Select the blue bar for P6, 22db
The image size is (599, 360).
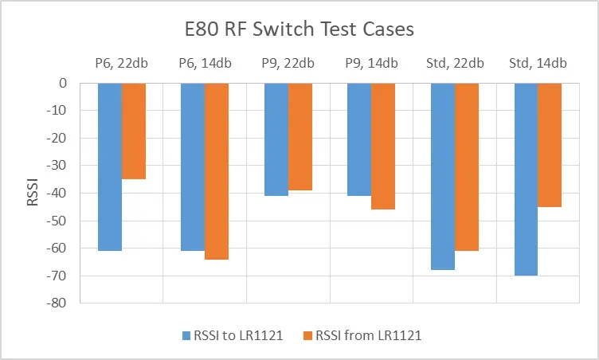pyautogui.click(x=110, y=166)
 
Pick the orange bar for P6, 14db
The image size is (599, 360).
pyautogui.click(x=217, y=171)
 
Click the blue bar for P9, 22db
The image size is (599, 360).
pyautogui.click(x=276, y=139)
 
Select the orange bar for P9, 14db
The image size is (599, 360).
pyautogui.click(x=383, y=147)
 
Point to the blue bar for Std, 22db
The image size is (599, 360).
pyautogui.click(x=443, y=176)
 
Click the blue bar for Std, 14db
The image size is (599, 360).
pyautogui.click(x=526, y=179)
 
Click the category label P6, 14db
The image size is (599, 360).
pyautogui.click(x=205, y=64)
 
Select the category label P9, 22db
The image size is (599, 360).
pyautogui.click(x=288, y=64)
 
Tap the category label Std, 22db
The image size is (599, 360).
pyautogui.click(x=455, y=64)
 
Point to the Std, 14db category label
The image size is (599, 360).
pyautogui.click(x=538, y=64)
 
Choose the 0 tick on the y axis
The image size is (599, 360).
pyautogui.click(x=70, y=84)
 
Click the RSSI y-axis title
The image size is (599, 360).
pyautogui.click(x=33, y=193)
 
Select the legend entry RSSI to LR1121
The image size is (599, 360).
pyautogui.click(x=244, y=336)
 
